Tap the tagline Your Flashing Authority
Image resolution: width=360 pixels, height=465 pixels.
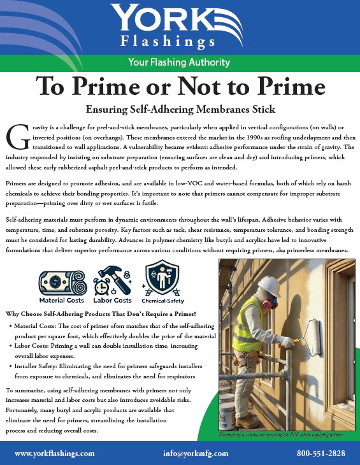(180, 62)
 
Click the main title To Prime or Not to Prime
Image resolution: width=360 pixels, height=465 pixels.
(180, 85)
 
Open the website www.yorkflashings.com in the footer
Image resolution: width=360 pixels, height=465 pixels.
(54, 453)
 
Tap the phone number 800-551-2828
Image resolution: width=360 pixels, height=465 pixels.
(321, 453)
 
